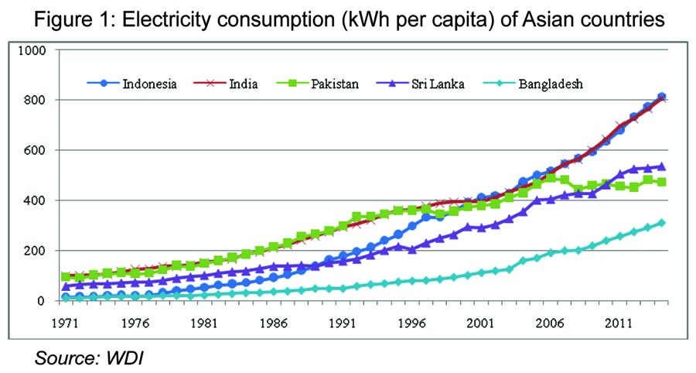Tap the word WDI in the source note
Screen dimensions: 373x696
[128, 359]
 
